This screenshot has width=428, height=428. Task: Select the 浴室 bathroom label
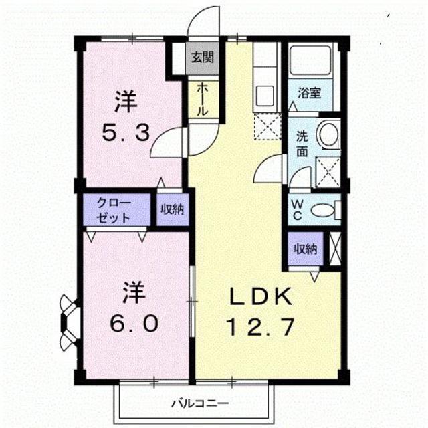(309, 93)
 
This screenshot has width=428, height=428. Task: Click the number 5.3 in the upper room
(125, 133)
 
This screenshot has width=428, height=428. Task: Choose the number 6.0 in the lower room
(133, 324)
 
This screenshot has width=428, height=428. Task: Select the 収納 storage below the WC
(306, 249)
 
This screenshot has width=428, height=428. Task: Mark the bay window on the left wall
(69, 322)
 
